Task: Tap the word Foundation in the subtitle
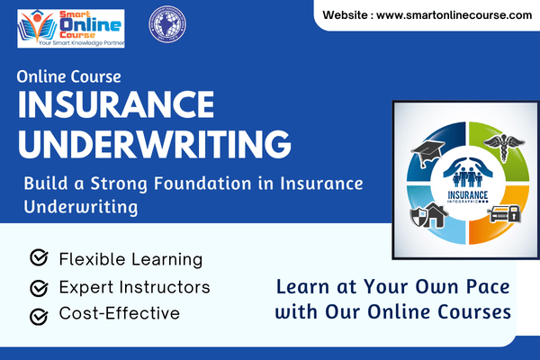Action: coord(202,184)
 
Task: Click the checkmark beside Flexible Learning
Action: coord(39,259)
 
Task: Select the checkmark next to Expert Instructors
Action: coord(39,288)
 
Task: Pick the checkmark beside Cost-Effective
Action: coord(39,316)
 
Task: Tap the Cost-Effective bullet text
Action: coord(119,314)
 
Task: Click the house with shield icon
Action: coord(428,216)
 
